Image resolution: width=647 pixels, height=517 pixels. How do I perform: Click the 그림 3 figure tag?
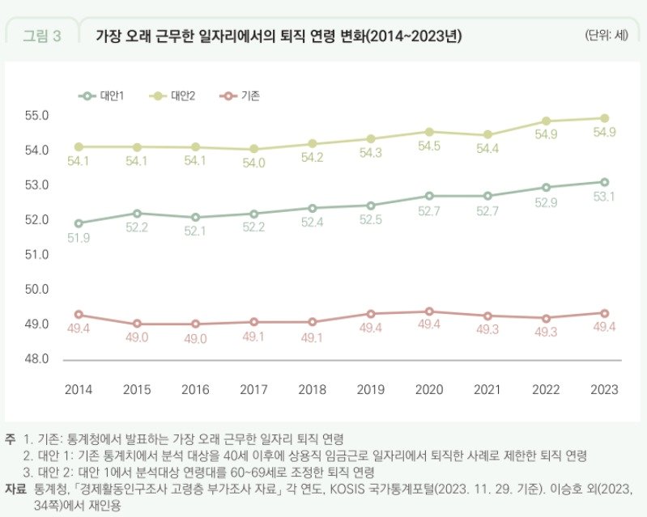tap(41, 36)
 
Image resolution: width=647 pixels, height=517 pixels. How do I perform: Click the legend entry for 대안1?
tap(101, 95)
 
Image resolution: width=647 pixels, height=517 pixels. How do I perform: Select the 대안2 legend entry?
tap(172, 95)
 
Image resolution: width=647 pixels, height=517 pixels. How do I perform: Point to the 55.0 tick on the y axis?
tap(38, 116)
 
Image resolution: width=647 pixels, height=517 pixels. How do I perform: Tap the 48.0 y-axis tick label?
tap(38, 358)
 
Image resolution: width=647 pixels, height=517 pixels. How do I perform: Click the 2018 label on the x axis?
tap(313, 389)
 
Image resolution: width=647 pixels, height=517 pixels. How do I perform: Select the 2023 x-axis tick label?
tap(604, 389)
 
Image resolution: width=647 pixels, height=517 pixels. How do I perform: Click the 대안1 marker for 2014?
tap(79, 223)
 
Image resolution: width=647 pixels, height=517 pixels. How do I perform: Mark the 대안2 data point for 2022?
tap(546, 121)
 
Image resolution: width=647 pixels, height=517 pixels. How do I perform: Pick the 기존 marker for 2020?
tap(429, 311)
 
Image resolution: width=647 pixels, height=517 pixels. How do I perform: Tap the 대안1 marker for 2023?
tap(604, 182)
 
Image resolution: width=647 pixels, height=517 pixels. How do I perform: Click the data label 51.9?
tap(79, 238)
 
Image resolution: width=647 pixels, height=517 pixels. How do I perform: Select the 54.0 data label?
tap(254, 163)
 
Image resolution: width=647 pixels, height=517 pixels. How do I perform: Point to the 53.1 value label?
tap(604, 197)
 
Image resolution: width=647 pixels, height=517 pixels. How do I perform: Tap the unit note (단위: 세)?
tap(606, 35)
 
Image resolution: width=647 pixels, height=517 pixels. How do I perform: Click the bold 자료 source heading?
tap(16, 489)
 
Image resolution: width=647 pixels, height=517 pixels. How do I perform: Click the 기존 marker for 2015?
tap(137, 324)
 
